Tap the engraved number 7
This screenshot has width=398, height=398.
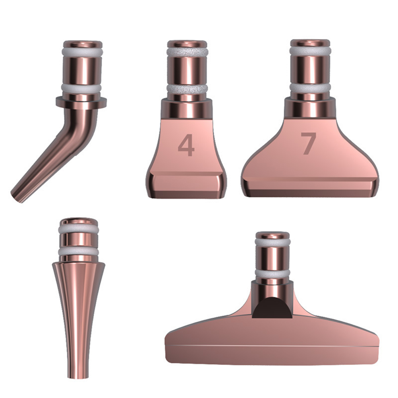308,143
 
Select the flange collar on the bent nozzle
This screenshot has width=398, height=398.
81,102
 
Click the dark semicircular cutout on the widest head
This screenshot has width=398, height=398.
272,307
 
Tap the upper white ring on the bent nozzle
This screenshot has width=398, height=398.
83,52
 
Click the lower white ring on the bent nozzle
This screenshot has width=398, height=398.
81,89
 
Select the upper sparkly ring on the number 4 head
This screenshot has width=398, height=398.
187,52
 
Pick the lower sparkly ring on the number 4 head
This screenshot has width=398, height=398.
187,89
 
